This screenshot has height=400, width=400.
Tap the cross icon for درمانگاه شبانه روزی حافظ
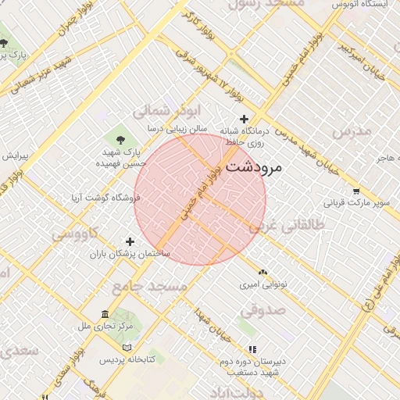[x=245, y=120]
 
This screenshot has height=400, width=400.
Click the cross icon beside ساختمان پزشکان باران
[x=130, y=241]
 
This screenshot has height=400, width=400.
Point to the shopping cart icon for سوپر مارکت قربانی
[x=356, y=191]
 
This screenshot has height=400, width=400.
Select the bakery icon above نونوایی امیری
[x=262, y=273]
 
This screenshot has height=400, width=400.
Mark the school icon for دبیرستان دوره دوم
[x=252, y=349]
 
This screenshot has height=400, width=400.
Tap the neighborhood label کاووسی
[x=75, y=234]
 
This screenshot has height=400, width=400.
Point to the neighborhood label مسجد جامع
[x=149, y=288]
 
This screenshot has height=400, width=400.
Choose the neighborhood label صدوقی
[x=262, y=311]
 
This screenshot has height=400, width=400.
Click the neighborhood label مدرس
[x=349, y=132]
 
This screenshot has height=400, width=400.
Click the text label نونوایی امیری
[x=266, y=285]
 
